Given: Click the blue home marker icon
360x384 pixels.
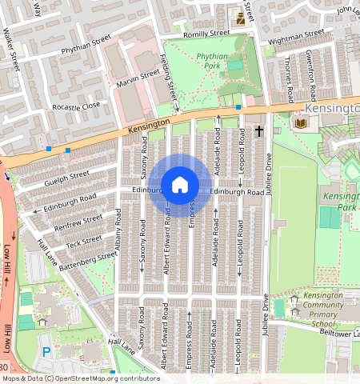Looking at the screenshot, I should (180, 185).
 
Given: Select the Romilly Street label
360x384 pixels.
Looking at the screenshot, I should (206, 34).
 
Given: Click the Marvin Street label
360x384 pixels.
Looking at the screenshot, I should (139, 76).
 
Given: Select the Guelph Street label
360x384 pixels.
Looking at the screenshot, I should (67, 178).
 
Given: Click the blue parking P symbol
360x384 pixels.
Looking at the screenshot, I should (46, 351).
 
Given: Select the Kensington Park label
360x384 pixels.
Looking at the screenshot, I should (341, 200).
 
